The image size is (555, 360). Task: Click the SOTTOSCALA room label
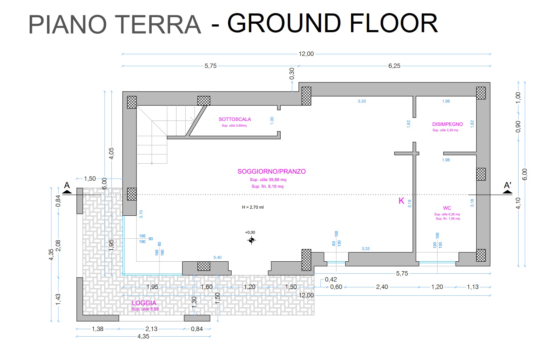tap(235, 120)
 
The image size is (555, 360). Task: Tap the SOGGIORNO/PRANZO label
tap(271, 172)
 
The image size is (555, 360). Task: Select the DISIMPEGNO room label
tap(447, 124)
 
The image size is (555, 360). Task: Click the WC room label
tap(447, 208)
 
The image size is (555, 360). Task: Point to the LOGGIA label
tap(144, 303)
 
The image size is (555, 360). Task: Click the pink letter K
tap(401, 201)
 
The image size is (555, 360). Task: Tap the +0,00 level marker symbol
tap(251, 240)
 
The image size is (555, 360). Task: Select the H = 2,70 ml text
tap(253, 207)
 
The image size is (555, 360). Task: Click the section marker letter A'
tap(507, 185)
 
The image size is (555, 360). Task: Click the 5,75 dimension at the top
tap(210, 66)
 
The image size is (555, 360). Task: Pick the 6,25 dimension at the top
tap(394, 66)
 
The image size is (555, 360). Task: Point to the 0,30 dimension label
tap(292, 74)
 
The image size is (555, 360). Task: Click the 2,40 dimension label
tap(382, 287)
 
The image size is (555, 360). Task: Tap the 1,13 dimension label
tap(473, 287)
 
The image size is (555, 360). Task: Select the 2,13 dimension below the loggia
tap(151, 329)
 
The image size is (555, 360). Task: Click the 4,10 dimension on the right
tap(518, 203)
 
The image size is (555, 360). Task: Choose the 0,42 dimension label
tap(331, 279)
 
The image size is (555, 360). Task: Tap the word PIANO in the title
tap(67, 24)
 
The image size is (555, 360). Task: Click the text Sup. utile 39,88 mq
tap(268, 180)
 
